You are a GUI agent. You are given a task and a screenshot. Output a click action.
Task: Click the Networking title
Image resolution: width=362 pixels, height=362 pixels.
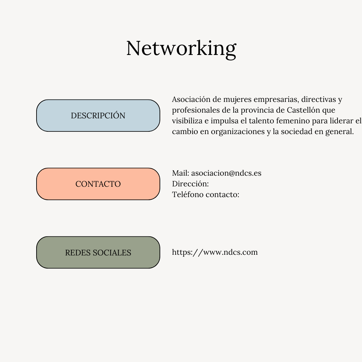181,49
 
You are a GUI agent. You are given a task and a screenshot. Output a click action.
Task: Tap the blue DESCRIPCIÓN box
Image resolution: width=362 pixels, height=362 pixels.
98,115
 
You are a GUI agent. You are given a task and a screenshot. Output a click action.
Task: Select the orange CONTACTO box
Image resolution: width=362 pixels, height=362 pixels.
98,184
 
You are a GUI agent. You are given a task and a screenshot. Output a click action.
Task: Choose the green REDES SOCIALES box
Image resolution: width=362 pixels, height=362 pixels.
98,252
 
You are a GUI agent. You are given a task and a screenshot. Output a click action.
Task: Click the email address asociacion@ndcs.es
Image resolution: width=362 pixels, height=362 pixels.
226,173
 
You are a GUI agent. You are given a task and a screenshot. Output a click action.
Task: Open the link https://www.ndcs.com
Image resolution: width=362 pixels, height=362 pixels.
215,252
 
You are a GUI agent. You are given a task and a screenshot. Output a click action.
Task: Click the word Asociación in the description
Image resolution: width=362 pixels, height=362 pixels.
191,99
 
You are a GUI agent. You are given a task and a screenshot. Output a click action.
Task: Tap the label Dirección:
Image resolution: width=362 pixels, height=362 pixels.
190,184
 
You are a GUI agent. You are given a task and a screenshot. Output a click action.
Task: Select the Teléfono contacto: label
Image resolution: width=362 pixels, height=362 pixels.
205,194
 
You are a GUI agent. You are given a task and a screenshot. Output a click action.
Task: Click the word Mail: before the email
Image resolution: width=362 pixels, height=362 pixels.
181,173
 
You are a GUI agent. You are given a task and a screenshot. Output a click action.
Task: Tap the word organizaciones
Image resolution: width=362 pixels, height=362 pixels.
238,132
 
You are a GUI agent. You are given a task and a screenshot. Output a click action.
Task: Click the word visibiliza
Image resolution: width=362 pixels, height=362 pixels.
187,121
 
